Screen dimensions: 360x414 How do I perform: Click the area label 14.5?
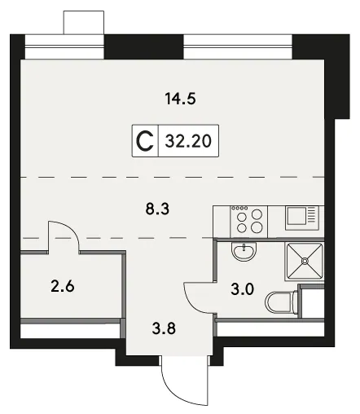tap(180, 99)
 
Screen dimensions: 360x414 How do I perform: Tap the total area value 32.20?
tap(188, 141)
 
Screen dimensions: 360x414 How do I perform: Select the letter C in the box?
tap(145, 141)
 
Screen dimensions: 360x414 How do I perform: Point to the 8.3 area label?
tap(157, 209)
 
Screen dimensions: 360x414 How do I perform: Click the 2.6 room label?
tap(63, 286)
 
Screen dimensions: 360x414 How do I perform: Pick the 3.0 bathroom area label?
tap(243, 289)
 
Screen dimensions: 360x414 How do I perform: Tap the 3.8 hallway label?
tap(164, 328)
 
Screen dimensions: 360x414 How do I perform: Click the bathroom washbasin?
tap(244, 251)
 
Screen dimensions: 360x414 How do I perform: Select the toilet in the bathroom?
tap(281, 302)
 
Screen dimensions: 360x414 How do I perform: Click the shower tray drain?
tap(305, 261)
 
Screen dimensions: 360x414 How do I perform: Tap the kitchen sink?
tap(302, 218)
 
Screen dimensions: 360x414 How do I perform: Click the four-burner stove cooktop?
tap(249, 221)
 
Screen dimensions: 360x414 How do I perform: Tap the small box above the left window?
tap(84, 23)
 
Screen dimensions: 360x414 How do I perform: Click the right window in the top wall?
tap(238, 46)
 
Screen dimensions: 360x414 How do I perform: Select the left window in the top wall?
tap(64, 46)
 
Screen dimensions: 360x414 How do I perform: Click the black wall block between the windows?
tap(144, 46)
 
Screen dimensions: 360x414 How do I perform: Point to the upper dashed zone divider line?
tap(173, 177)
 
